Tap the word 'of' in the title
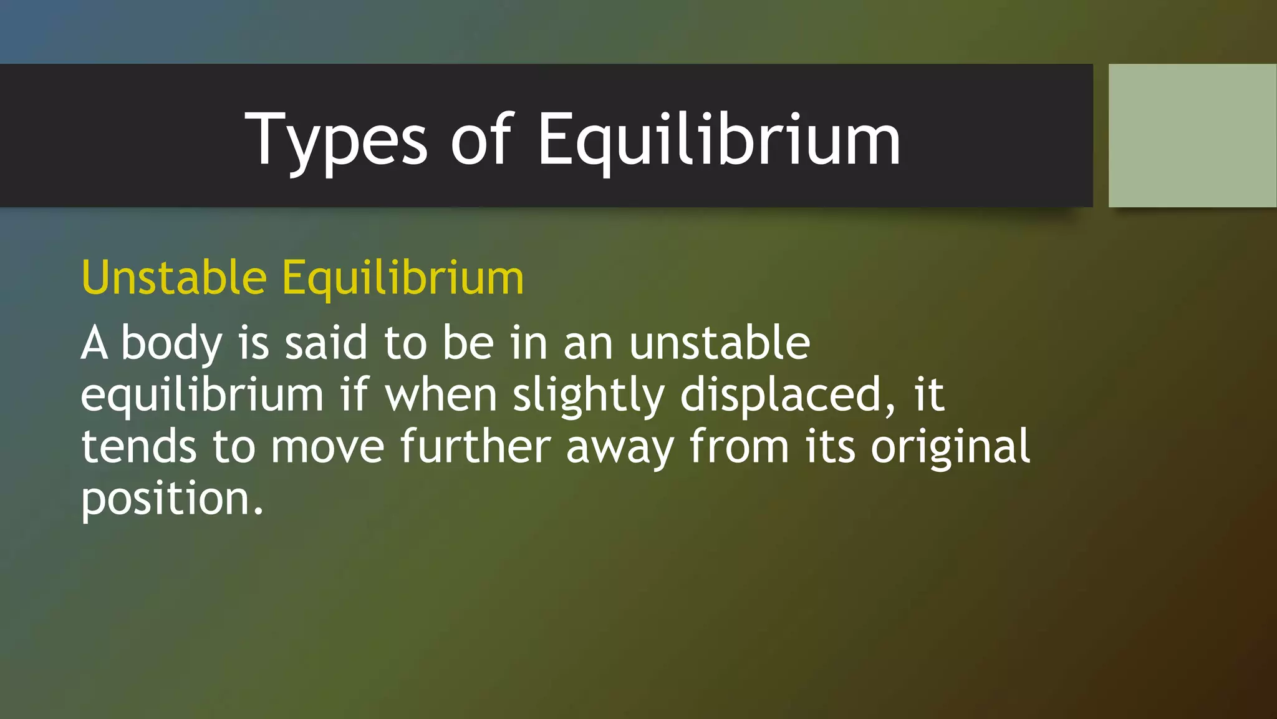[x=481, y=140]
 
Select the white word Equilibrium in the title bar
[x=718, y=140]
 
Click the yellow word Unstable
[x=174, y=278]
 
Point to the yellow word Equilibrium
[x=403, y=278]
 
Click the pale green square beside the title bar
[x=1192, y=135]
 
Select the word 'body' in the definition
[x=171, y=343]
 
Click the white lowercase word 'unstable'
[x=720, y=343]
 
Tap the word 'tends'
[x=138, y=447]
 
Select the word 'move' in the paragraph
[x=327, y=447]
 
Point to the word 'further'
[x=475, y=447]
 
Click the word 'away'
[x=620, y=447]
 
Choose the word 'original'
[x=950, y=447]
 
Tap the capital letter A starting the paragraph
[x=94, y=343]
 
